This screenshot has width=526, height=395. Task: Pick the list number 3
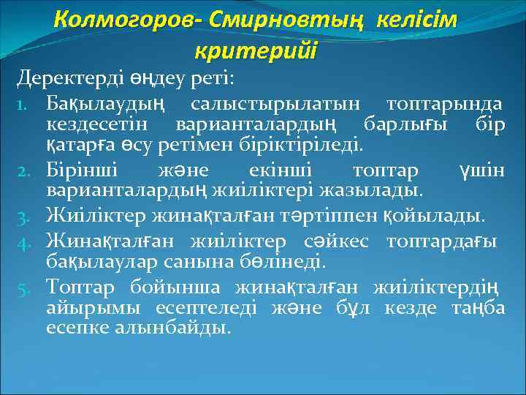coord(24,216)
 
